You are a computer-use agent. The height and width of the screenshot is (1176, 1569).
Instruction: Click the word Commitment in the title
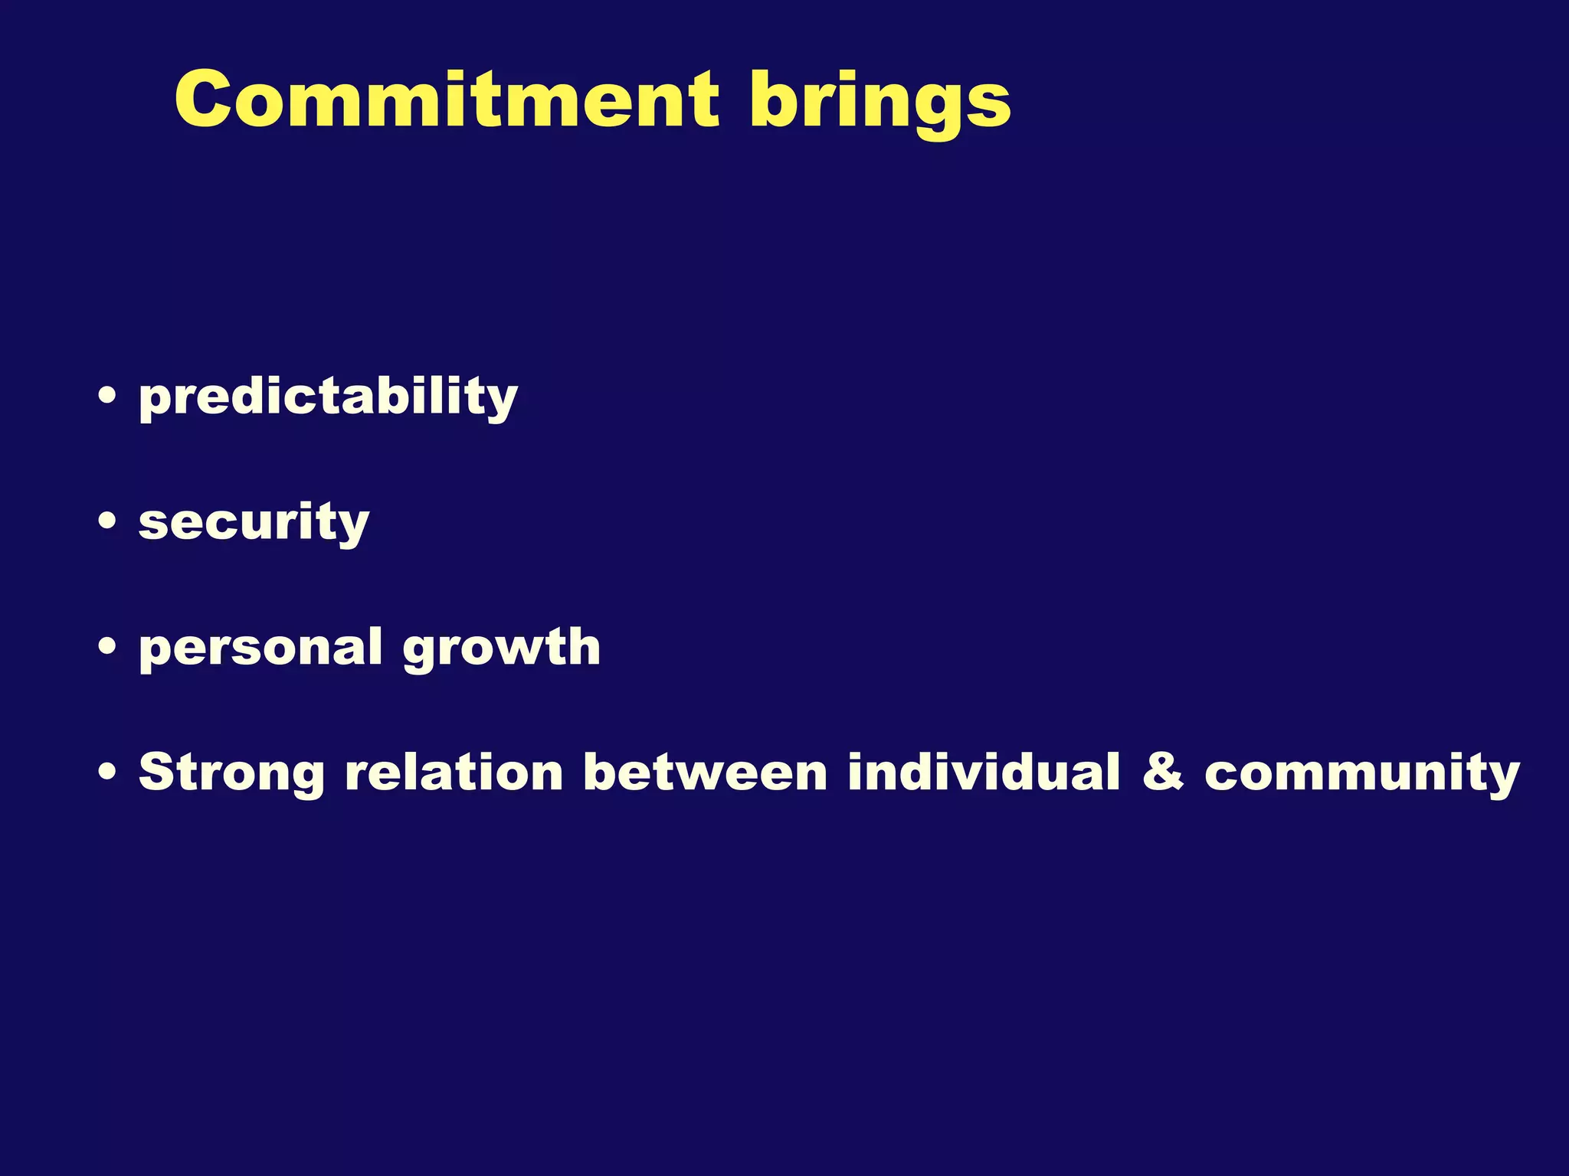(x=447, y=100)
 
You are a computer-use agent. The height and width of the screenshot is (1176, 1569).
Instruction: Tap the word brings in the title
(x=880, y=103)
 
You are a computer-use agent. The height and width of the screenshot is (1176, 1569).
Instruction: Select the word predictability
(x=328, y=397)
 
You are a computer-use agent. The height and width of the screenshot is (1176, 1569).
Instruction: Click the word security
(x=254, y=522)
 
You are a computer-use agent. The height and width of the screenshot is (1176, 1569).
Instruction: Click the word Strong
(x=231, y=772)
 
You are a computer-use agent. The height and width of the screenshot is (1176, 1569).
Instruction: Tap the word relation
(x=454, y=771)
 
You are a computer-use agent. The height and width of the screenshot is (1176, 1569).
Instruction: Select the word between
(x=705, y=771)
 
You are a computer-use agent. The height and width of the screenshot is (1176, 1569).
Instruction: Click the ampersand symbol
(x=1162, y=771)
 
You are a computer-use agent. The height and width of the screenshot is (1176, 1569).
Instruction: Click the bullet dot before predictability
(x=108, y=396)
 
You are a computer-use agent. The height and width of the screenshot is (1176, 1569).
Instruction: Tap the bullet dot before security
(x=108, y=521)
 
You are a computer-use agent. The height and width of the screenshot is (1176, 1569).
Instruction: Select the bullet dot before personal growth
(x=108, y=647)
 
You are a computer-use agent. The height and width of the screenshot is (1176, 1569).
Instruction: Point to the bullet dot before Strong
(x=108, y=772)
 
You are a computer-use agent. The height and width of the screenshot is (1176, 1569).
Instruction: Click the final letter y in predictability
(x=500, y=402)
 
